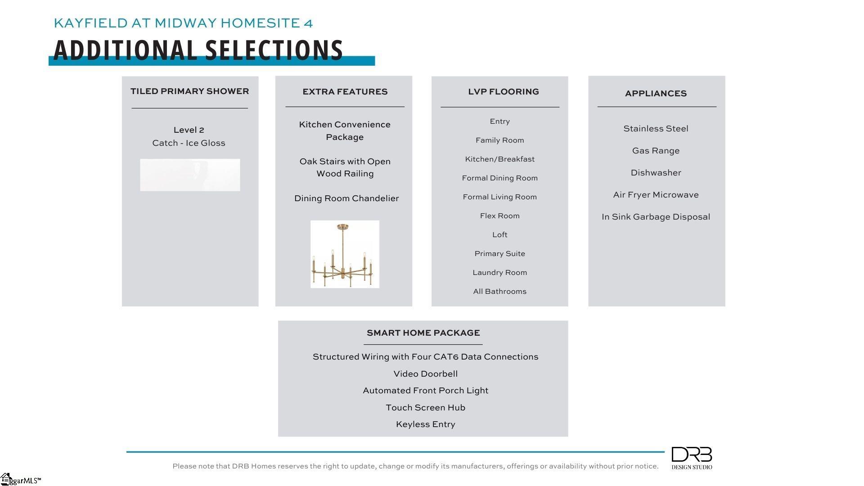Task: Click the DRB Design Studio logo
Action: point(692,458)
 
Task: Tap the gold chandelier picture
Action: point(345,254)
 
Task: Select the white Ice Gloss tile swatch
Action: point(190,175)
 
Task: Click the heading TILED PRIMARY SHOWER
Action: point(189,91)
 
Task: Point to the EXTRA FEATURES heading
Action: point(345,92)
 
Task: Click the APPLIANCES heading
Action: point(656,94)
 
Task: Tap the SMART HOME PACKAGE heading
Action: point(423,333)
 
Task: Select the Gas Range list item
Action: point(656,151)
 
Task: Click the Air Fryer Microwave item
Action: point(656,195)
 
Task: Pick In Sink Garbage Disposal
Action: point(656,217)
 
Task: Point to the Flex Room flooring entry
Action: point(499,216)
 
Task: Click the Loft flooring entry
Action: point(499,235)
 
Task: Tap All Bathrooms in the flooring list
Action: point(499,292)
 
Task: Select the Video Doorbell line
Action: point(425,374)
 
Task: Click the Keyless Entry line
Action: point(425,424)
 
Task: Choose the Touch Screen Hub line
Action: point(425,408)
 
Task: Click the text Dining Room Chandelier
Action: point(346,198)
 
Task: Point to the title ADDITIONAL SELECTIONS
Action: point(198,50)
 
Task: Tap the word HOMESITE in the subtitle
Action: point(260,23)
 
